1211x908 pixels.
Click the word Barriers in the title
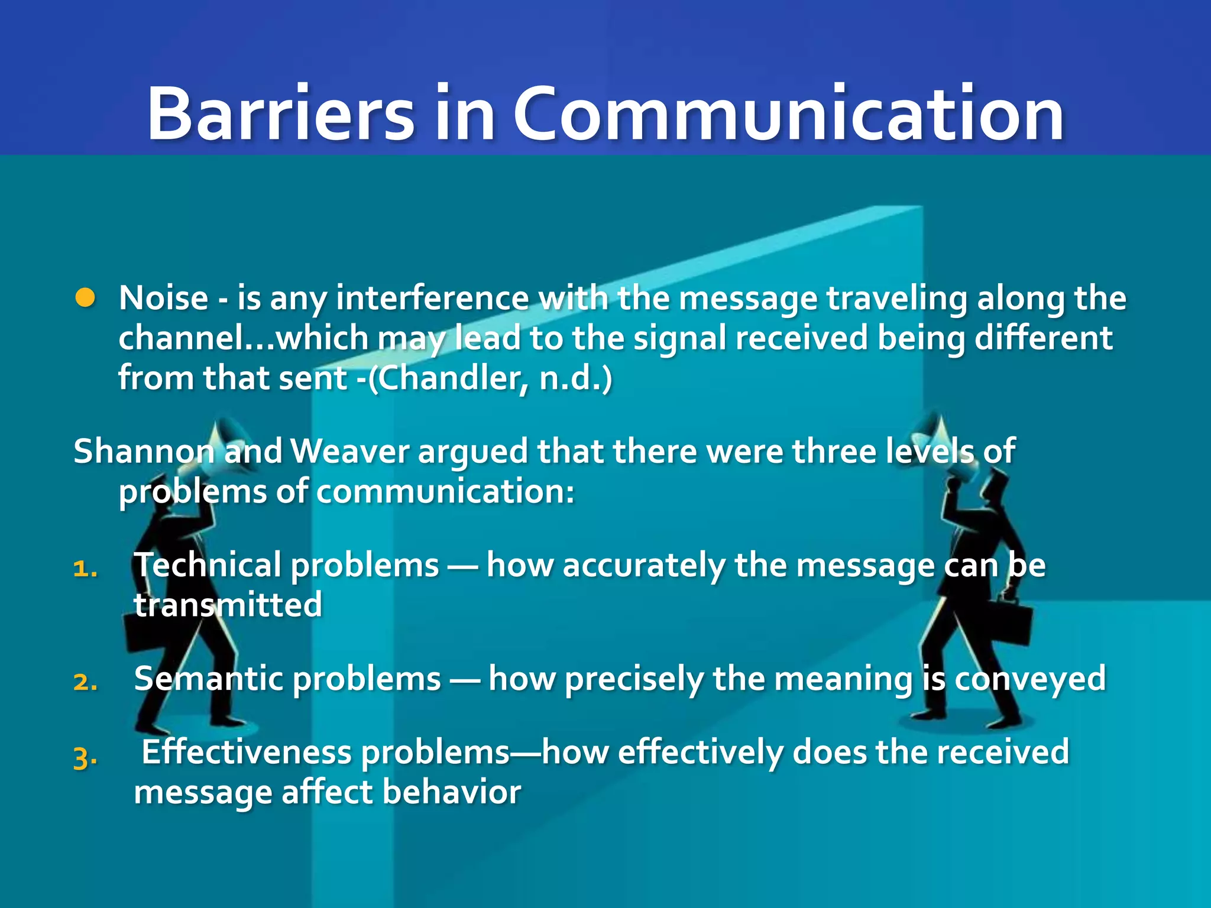pos(281,113)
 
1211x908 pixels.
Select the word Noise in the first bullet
pos(163,298)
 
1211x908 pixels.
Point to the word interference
pos(432,298)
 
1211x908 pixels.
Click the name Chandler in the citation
pos(449,378)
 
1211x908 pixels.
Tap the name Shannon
pos(144,452)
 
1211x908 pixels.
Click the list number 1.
pos(85,569)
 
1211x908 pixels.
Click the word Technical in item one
pos(207,565)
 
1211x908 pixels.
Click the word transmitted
pos(228,605)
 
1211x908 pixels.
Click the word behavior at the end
pos(452,792)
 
